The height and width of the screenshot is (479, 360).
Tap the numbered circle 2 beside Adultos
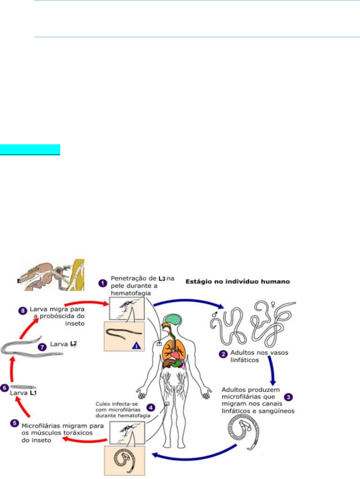[x=222, y=354]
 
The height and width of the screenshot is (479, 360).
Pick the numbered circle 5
[x=13, y=424]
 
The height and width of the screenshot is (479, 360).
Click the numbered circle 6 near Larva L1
[x=5, y=387]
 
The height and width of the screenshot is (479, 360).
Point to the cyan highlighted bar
[x=30, y=150]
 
